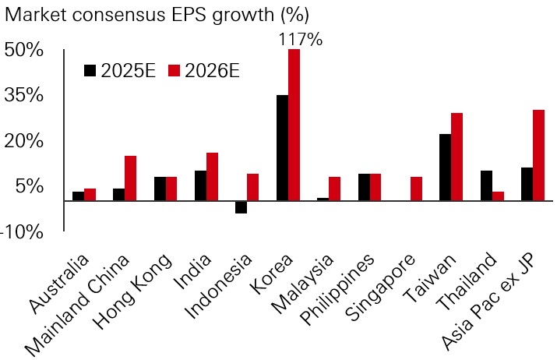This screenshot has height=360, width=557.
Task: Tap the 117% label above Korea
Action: [x=300, y=39]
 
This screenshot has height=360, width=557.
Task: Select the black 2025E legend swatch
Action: [x=90, y=71]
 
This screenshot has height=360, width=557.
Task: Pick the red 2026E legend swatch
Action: [x=174, y=71]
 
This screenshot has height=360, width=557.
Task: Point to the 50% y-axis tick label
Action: [x=23, y=50]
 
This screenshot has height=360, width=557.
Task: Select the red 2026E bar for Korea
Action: [x=294, y=125]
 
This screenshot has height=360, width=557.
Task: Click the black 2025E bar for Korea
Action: [x=282, y=148]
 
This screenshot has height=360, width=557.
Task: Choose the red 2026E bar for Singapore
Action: [x=417, y=189]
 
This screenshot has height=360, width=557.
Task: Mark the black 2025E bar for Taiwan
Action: [x=445, y=168]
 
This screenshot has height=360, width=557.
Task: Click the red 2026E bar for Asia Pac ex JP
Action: [x=538, y=156]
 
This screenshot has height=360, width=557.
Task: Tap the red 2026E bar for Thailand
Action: [x=498, y=196]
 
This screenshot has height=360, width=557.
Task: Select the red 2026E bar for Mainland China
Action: [x=131, y=178]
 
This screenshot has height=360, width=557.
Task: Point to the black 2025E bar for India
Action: [x=200, y=185]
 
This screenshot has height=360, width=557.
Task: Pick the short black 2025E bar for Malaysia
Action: [x=323, y=199]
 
